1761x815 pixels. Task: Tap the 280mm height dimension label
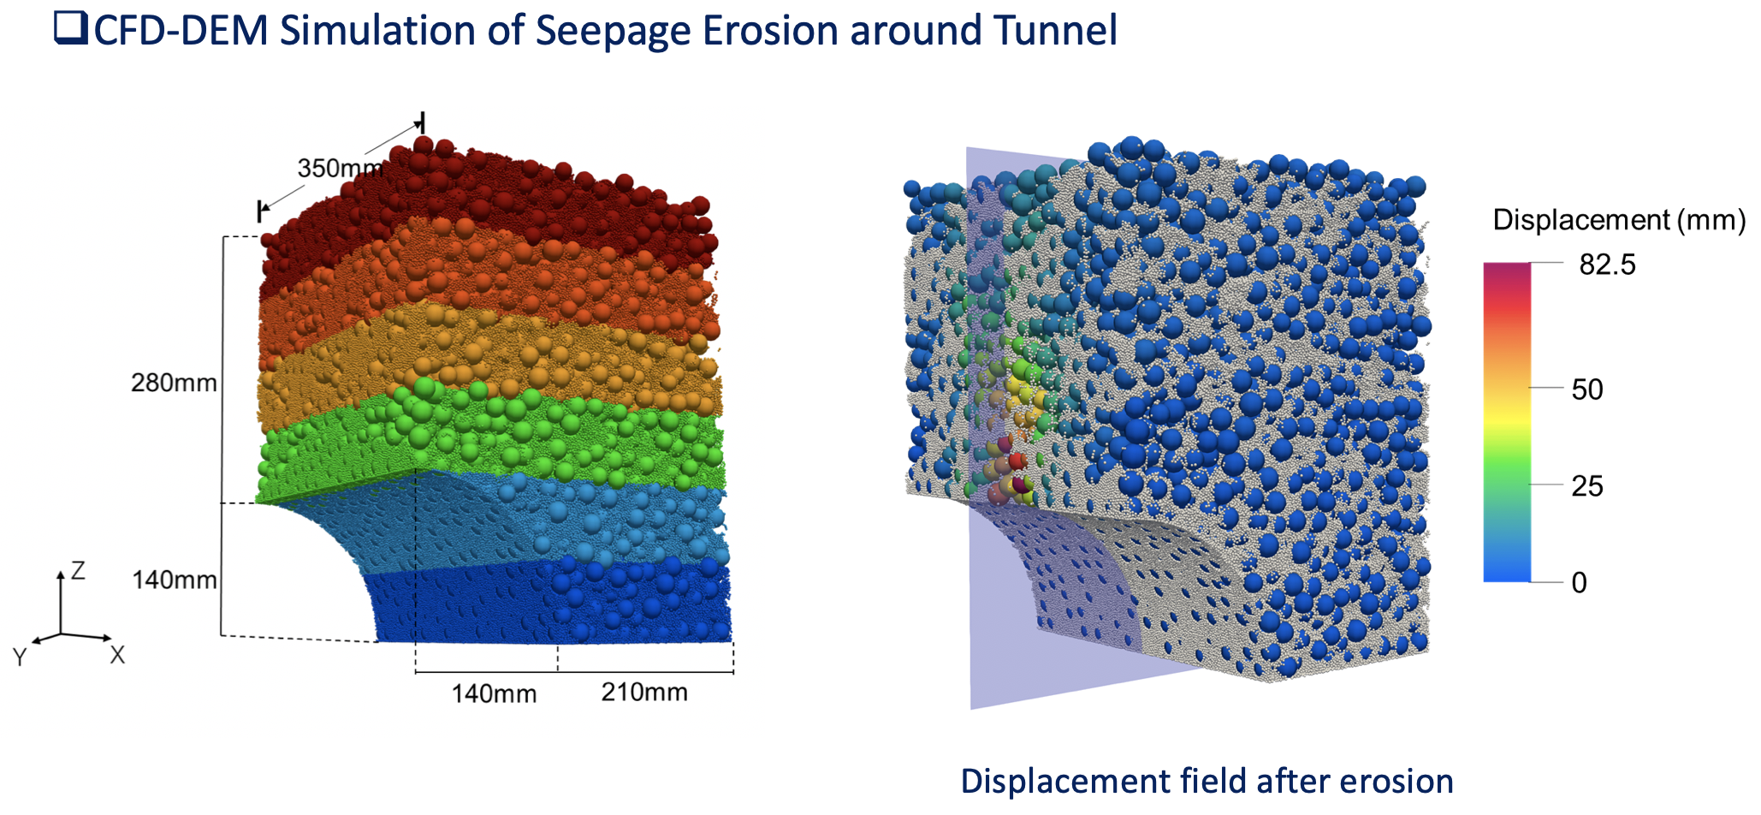click(174, 383)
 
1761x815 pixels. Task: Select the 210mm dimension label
click(644, 692)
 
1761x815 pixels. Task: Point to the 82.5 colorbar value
click(1607, 265)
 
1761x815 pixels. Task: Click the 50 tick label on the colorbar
click(1586, 390)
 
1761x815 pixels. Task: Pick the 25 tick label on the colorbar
click(1586, 486)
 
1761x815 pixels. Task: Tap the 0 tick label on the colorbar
click(1580, 583)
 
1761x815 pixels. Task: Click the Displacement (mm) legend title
click(1619, 220)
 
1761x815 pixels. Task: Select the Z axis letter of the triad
click(78, 570)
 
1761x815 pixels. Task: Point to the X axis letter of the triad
click(117, 655)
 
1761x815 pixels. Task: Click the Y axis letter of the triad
click(20, 657)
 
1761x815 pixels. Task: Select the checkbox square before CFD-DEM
click(71, 28)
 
